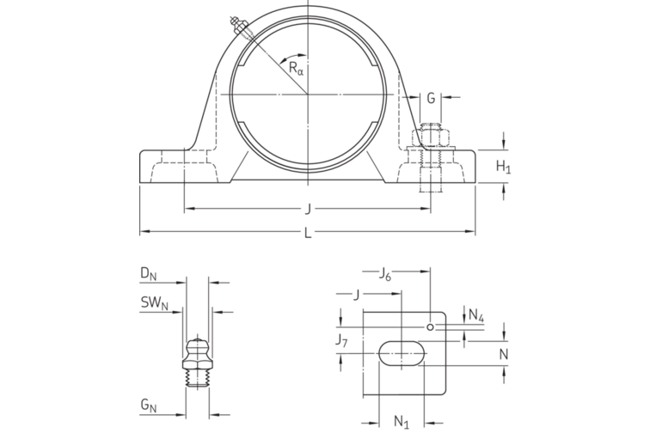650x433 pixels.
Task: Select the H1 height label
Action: point(505,167)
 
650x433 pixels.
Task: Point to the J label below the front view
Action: point(307,209)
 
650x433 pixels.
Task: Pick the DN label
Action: point(149,274)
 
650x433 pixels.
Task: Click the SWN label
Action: point(152,302)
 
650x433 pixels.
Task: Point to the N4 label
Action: point(475,316)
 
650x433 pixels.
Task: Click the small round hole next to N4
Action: point(430,326)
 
